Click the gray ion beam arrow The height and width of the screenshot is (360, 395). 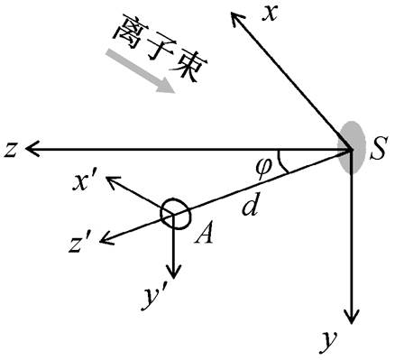(x=140, y=71)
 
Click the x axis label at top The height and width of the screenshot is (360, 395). (x=270, y=14)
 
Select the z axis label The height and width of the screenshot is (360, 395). (x=11, y=150)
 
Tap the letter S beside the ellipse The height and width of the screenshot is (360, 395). (x=378, y=150)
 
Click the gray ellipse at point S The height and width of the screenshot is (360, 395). (x=351, y=147)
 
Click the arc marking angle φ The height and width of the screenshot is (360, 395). (x=281, y=162)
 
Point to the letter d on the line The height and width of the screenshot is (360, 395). (x=251, y=205)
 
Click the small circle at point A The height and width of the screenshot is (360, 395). (x=175, y=214)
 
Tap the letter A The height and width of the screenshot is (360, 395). (x=204, y=233)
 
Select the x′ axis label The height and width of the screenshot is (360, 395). (x=85, y=182)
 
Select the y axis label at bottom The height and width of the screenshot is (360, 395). (x=327, y=342)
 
